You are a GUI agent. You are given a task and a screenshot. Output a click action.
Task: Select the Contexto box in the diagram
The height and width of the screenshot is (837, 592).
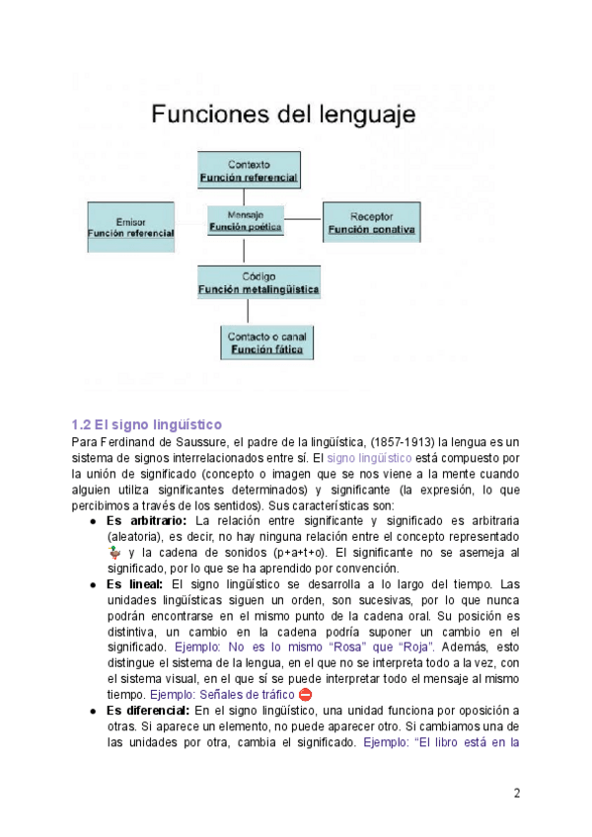tap(249, 170)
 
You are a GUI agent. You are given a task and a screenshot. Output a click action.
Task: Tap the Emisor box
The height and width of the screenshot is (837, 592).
tap(130, 226)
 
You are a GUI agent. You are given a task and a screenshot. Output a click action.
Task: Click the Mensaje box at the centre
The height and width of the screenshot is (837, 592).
tap(246, 220)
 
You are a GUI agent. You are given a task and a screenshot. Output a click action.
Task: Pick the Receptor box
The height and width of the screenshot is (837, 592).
tap(371, 223)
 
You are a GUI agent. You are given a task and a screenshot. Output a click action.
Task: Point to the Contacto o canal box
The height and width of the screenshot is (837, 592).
tap(266, 342)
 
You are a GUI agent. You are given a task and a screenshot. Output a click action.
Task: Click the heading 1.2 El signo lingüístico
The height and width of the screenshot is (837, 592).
tap(142, 423)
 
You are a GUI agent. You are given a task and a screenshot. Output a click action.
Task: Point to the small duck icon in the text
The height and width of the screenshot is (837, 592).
tap(113, 553)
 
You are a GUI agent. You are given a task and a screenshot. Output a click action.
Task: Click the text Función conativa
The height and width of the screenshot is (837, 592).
tap(371, 230)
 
